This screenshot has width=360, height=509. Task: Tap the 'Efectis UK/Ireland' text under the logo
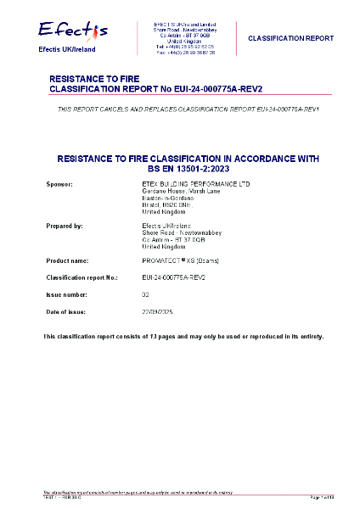pos(67,50)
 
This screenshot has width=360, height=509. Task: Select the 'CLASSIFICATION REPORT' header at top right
pos(290,38)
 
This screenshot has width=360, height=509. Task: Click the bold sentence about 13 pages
pos(183,337)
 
